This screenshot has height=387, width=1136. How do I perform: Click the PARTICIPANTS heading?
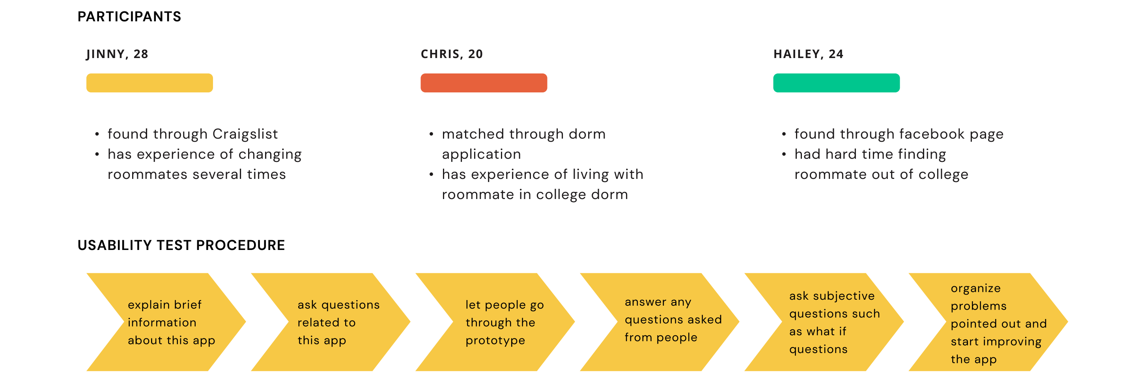pyautogui.click(x=129, y=17)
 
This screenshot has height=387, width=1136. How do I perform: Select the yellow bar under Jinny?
pyautogui.click(x=149, y=83)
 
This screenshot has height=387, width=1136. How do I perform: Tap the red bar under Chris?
pyautogui.click(x=484, y=83)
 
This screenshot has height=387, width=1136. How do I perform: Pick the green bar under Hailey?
pyautogui.click(x=836, y=83)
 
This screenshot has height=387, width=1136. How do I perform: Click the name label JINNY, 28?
pyautogui.click(x=117, y=54)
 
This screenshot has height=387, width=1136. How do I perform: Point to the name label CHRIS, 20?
pyautogui.click(x=452, y=54)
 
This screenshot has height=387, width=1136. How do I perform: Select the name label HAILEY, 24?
pyautogui.click(x=808, y=54)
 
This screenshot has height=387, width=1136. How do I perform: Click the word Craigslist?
pyautogui.click(x=245, y=134)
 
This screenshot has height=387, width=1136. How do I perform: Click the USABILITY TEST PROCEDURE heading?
pyautogui.click(x=181, y=245)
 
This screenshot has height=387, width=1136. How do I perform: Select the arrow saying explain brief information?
pyautogui.click(x=166, y=322)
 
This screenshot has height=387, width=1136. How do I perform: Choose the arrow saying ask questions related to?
pyautogui.click(x=330, y=322)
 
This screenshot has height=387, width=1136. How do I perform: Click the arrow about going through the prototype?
pyautogui.click(x=495, y=322)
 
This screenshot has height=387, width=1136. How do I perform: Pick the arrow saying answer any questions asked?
pyautogui.click(x=659, y=322)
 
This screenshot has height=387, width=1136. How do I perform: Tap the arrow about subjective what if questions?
pyautogui.click(x=824, y=322)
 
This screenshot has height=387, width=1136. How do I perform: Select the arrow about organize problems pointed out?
pyautogui.click(x=988, y=322)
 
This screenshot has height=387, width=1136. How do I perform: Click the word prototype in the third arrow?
pyautogui.click(x=495, y=341)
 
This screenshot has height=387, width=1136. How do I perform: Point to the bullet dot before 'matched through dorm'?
pyautogui.click(x=431, y=134)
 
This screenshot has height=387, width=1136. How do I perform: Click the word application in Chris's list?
pyautogui.click(x=481, y=155)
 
